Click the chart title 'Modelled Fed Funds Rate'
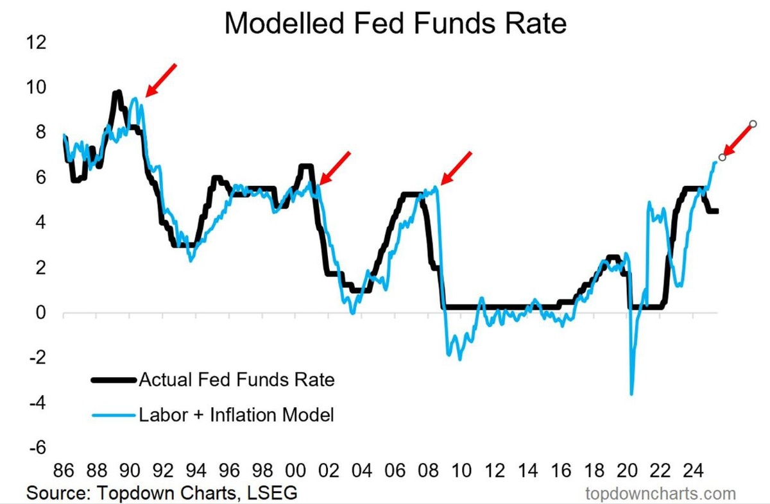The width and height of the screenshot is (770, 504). (x=396, y=24)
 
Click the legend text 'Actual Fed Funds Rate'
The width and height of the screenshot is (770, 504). (x=237, y=380)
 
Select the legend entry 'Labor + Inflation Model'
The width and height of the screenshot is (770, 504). (x=237, y=415)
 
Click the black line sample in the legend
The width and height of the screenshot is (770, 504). (x=114, y=380)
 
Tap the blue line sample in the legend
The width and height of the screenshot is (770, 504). (x=114, y=415)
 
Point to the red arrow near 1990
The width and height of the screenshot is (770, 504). (x=160, y=80)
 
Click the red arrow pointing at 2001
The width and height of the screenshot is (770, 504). (x=334, y=168)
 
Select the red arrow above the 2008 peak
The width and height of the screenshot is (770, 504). (x=456, y=168)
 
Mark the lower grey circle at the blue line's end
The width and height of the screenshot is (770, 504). (x=723, y=157)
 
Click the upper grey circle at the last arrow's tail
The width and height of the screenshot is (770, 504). (x=753, y=123)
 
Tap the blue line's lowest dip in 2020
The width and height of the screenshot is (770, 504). (x=632, y=394)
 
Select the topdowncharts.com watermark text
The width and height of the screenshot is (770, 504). (x=660, y=493)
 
